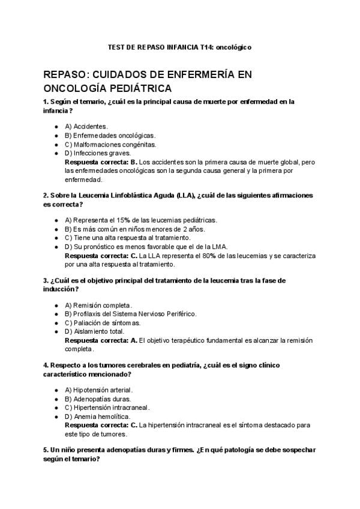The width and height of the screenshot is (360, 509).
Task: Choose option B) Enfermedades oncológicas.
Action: coord(109,136)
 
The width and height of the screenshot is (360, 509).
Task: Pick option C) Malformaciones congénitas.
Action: coord(110,145)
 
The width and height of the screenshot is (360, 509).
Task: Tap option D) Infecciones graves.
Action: coord(97,154)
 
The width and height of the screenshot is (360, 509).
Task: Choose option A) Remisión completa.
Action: coord(98,305)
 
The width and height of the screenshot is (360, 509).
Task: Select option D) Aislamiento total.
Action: coord(94,331)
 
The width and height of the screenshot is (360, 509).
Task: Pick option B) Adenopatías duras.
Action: coord(97,399)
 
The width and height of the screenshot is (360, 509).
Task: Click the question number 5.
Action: coord(46,450)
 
